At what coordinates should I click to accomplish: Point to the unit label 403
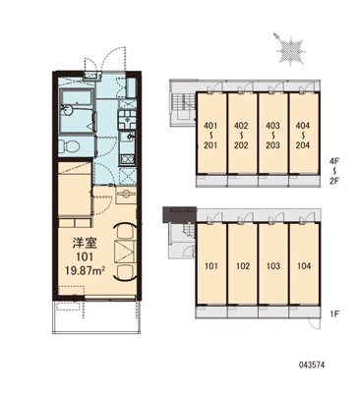[273, 127]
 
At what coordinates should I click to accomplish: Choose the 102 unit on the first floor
[243, 264]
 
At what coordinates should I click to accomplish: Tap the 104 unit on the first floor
[305, 264]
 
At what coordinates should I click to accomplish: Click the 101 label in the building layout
[211, 264]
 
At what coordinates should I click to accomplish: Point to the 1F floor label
[335, 314]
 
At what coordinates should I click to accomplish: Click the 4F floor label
[335, 158]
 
